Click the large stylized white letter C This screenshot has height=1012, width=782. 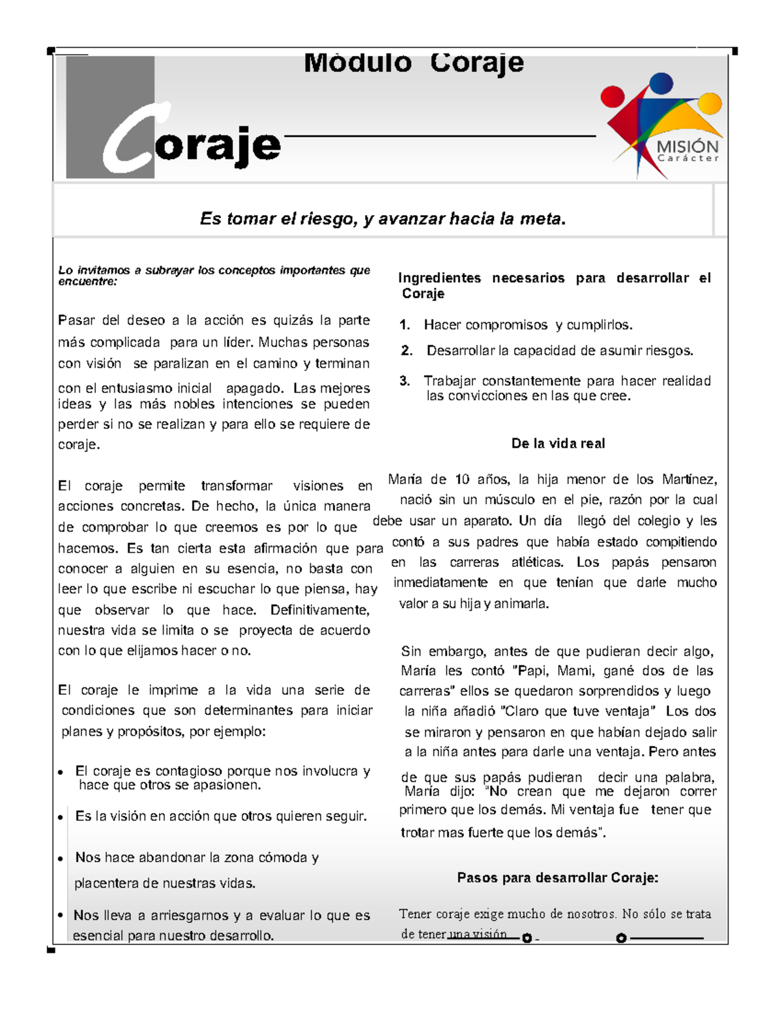130,140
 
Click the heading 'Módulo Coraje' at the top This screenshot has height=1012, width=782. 413,63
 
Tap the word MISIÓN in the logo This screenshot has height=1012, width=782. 688,146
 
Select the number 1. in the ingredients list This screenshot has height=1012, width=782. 405,325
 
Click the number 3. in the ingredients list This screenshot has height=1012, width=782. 405,381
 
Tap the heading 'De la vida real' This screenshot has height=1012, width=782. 558,444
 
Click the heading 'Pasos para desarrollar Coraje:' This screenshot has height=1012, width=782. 558,878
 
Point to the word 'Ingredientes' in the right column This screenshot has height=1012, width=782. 439,278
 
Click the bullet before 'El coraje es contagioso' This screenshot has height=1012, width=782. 60,772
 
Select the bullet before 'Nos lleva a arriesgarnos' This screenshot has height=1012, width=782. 60,916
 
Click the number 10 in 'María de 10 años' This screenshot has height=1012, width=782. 462,480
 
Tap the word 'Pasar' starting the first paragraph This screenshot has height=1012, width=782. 76,321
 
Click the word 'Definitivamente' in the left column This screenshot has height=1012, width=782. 319,611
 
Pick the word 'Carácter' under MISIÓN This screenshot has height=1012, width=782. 688,158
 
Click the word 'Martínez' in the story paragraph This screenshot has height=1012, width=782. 689,480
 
